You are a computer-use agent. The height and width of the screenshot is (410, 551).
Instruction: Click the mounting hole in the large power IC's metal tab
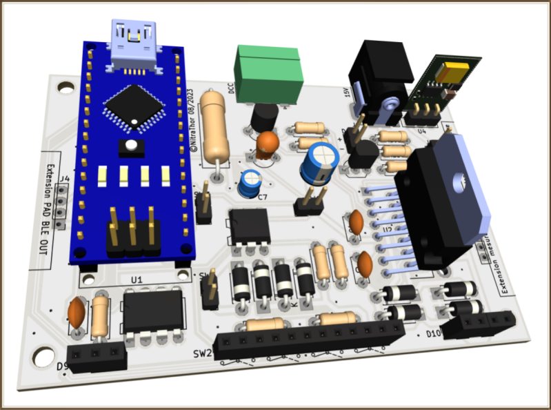click(457, 183)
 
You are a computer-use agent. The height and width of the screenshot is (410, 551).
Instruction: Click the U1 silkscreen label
click(136, 280)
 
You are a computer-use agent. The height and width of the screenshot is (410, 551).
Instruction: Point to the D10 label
click(434, 333)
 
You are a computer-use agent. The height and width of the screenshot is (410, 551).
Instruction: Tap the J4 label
click(65, 180)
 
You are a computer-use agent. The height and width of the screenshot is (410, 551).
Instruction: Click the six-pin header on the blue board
click(133, 237)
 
